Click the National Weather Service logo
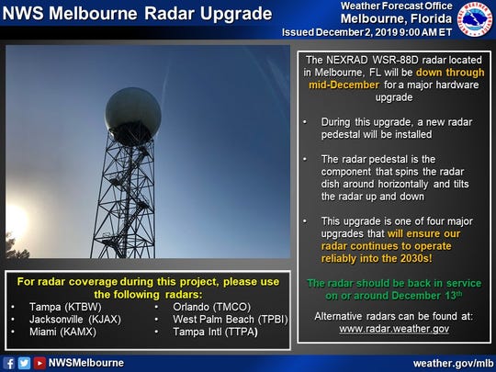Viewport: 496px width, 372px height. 475,19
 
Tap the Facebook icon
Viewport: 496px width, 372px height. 9,363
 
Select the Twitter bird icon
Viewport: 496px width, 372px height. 24,363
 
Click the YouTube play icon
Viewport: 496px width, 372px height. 39,363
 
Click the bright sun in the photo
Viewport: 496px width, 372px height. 14,221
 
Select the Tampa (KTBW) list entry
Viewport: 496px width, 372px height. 65,307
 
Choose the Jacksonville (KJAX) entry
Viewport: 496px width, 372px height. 75,320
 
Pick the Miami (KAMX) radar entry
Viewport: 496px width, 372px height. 63,332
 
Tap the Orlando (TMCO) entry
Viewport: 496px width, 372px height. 211,307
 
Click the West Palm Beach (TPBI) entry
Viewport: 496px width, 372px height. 231,320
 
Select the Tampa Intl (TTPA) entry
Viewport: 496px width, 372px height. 215,332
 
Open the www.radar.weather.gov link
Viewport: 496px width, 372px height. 394,329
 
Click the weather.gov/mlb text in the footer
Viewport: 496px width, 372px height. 453,364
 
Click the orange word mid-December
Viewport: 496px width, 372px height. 344,85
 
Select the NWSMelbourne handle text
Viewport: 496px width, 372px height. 86,363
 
